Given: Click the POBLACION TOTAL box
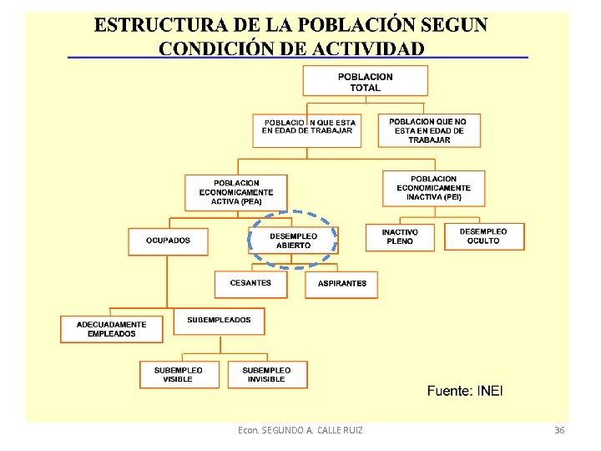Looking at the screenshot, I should (x=366, y=81).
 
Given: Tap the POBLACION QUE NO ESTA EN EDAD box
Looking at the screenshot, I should (x=429, y=130).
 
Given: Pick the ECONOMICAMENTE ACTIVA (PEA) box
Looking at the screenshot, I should (x=236, y=192).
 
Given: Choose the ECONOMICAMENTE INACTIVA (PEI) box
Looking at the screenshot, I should (x=433, y=189).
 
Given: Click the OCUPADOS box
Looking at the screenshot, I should (x=168, y=241).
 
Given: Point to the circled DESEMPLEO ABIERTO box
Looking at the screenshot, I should (x=294, y=241).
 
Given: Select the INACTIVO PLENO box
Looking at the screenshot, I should (x=400, y=237).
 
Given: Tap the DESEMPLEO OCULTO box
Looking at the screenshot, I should (x=483, y=236).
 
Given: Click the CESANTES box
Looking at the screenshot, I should (x=250, y=284).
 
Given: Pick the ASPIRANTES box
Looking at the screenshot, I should (x=341, y=284).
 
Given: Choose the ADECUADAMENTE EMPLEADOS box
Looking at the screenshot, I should (x=111, y=329).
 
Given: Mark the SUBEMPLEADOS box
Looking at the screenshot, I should (x=220, y=321).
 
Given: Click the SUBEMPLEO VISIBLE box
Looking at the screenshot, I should (x=178, y=374).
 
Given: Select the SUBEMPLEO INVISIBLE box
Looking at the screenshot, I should (x=266, y=374).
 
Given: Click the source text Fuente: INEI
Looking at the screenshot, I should (x=465, y=390).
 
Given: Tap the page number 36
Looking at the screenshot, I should (x=559, y=430).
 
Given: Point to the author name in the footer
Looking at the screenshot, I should (x=300, y=430).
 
